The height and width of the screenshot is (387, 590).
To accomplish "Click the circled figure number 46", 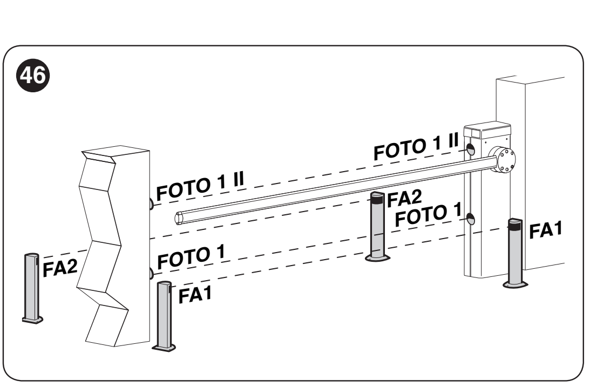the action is pos(33,75).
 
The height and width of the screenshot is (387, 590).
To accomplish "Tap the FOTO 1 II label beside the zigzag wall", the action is pos(200,186).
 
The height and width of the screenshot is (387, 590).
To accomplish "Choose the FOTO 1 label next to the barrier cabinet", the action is pos(428,215).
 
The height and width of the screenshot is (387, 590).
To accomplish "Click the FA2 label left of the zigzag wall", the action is pos(60,268).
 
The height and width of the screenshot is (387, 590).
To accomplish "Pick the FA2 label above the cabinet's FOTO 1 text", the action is pos(404,199).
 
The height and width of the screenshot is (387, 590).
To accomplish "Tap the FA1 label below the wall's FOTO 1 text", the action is pos(195,295).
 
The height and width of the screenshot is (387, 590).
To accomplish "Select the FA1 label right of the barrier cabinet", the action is pos(546,230).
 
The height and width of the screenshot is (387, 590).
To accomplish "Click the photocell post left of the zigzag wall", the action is pos(32,288).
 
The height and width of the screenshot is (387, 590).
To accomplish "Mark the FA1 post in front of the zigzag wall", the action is pos(164,316).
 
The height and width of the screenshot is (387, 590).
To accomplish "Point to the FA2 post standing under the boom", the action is pos(377,226).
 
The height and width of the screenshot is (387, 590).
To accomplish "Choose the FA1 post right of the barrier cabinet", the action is pos(515,253).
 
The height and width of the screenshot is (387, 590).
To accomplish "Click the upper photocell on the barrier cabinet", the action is pos(470,150).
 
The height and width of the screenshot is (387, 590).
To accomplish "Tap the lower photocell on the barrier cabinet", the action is pos(471,219).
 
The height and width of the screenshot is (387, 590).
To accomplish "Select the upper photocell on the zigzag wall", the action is pos(151,204).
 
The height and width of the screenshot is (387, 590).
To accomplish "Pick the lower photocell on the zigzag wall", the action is pos(151,274).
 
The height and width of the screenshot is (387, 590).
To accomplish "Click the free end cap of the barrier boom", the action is pos(178,218).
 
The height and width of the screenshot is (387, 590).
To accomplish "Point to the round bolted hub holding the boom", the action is pos(503,160).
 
